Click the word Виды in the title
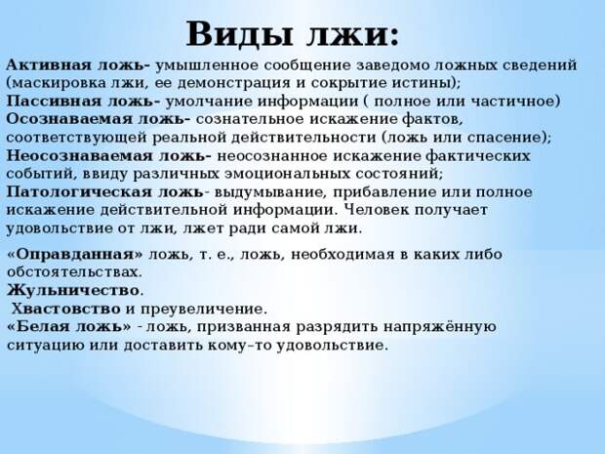243,33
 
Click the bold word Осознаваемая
69,119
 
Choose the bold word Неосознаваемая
79,156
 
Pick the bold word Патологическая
79,192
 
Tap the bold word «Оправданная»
75,254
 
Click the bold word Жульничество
73,290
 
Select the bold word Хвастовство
65,309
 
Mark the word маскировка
60,83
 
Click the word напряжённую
439,327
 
